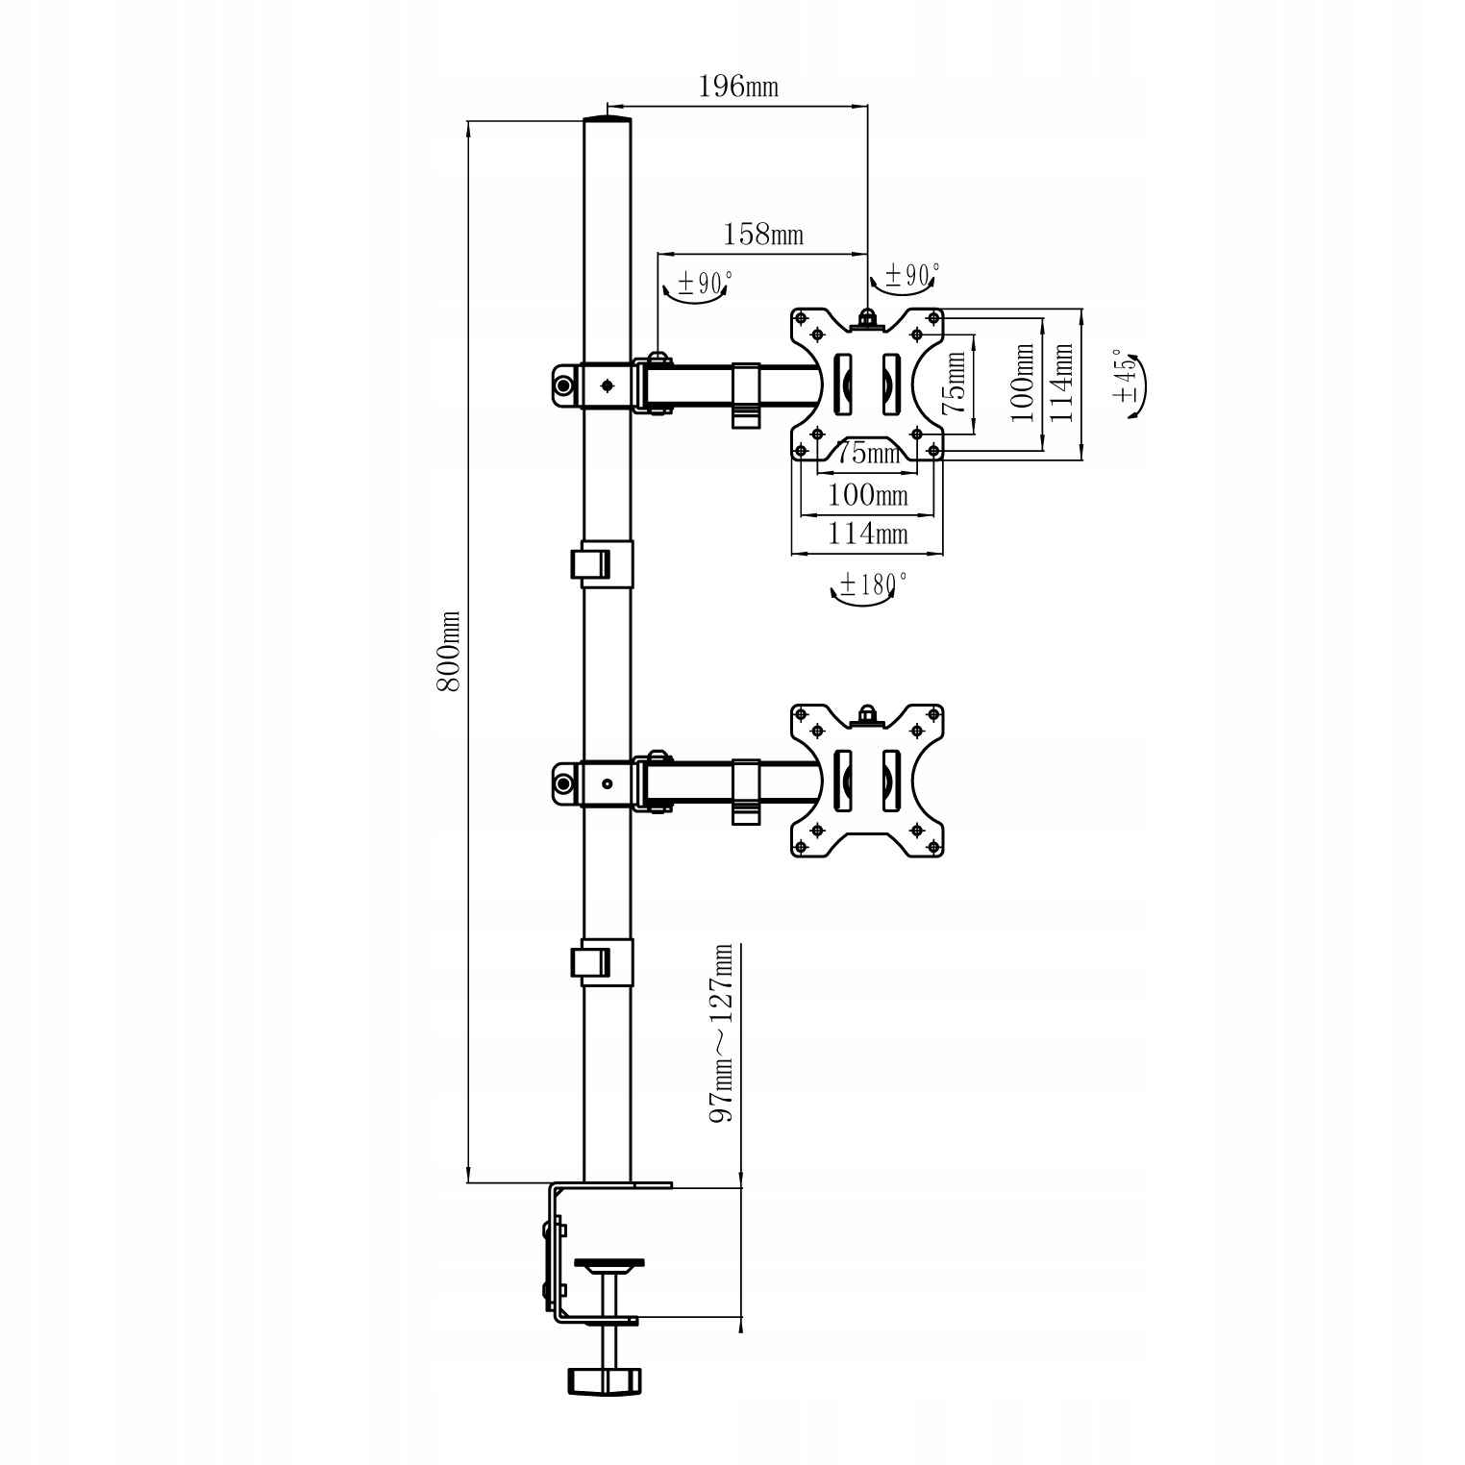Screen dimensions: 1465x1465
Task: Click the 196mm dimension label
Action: click(x=737, y=87)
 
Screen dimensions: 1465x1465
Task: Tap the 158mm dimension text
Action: click(x=762, y=234)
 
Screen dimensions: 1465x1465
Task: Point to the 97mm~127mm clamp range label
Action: click(x=721, y=1032)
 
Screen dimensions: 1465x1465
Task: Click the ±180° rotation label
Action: click(x=873, y=583)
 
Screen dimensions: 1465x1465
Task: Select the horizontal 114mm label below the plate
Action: click(x=868, y=532)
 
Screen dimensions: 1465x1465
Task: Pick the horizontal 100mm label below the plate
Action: click(x=868, y=495)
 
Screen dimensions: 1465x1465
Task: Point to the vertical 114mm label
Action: click(x=1060, y=382)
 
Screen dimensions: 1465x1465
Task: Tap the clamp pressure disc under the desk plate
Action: click(x=608, y=1264)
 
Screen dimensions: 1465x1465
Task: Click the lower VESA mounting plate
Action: click(x=867, y=781)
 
